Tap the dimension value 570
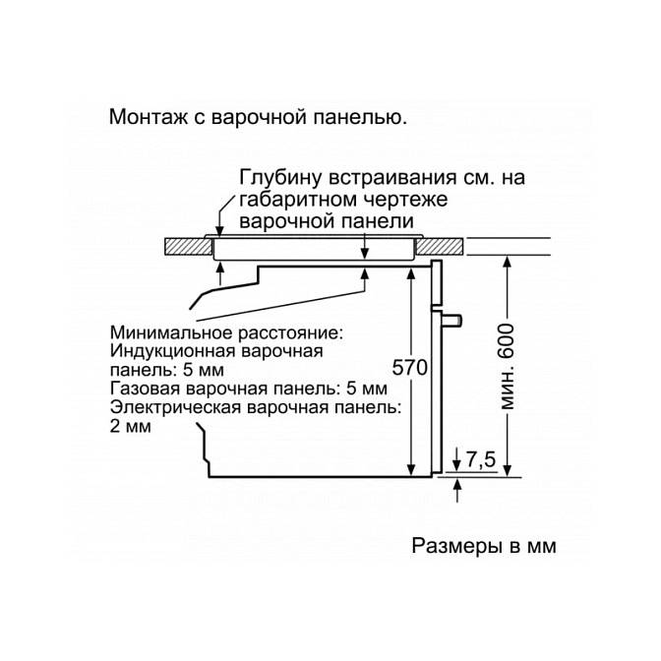tap(412, 369)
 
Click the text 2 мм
tap(131, 426)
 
